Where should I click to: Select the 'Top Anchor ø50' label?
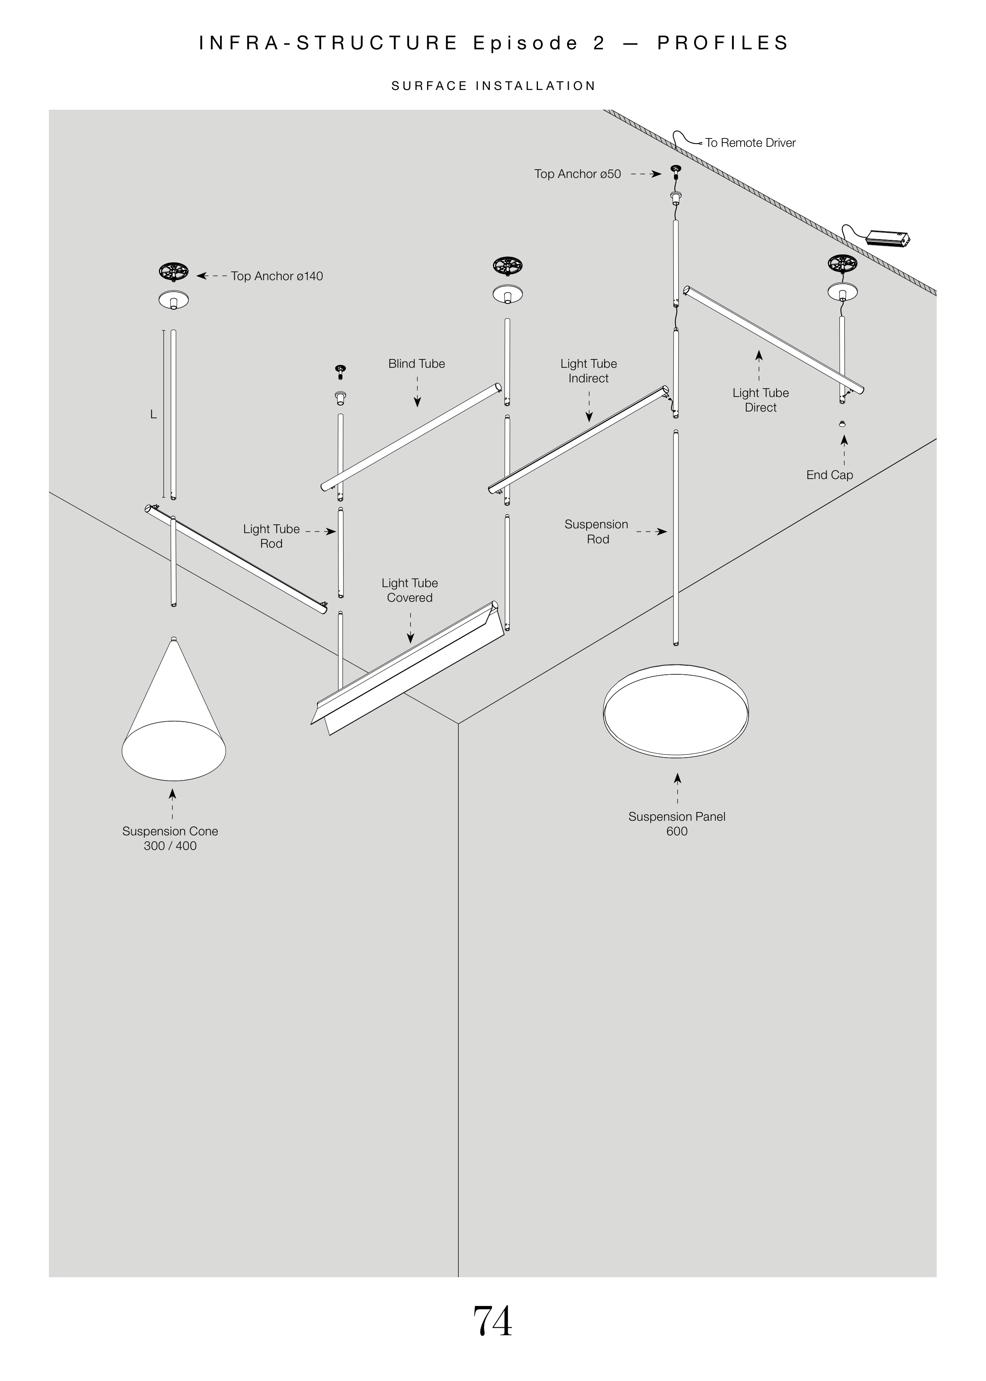[x=577, y=174]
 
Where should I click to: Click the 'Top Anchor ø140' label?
[x=277, y=276]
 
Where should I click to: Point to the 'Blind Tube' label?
[x=416, y=364]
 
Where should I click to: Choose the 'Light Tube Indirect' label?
[x=588, y=371]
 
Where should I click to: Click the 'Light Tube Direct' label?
[x=760, y=400]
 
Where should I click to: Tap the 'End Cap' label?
[x=829, y=475]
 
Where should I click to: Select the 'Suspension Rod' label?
[x=597, y=531]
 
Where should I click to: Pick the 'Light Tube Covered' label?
[x=410, y=590]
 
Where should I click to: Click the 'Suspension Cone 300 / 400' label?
[x=170, y=838]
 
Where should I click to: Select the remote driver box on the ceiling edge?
[x=888, y=238]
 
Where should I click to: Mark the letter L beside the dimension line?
[x=153, y=414]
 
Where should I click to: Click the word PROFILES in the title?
[x=723, y=43]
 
